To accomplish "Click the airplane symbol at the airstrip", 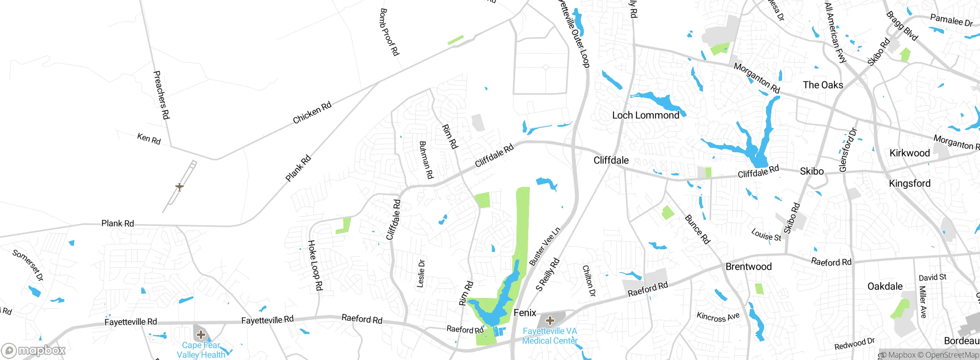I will (179, 187).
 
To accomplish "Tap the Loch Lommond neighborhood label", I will (645, 115).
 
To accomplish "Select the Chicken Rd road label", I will (312, 113).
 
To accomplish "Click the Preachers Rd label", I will (161, 95).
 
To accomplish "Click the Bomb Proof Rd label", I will (389, 32).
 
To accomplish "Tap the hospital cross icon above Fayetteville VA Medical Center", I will (550, 320).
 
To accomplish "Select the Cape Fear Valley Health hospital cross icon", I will (201, 335).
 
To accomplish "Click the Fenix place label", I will (525, 313).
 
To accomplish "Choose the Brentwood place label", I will (748, 267).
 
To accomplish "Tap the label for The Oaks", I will (823, 85).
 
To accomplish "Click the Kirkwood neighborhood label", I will (910, 153).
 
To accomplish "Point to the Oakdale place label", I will (885, 286).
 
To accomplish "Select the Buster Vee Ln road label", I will (544, 247).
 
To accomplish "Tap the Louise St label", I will (766, 235).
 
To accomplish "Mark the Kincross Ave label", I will (718, 317).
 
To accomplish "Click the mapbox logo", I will (34, 350).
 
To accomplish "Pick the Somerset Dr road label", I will (28, 265).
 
